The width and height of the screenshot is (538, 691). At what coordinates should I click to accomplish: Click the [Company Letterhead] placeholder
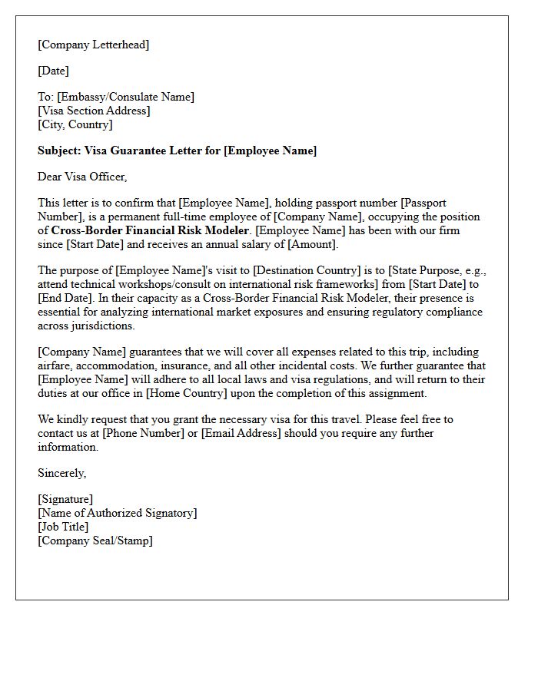pyautogui.click(x=94, y=45)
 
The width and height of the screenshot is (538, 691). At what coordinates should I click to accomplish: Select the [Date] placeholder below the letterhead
pyautogui.click(x=53, y=71)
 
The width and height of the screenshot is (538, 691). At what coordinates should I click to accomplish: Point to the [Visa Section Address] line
pyautogui.click(x=94, y=111)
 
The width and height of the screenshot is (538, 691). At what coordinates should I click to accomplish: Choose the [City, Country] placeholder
pyautogui.click(x=75, y=124)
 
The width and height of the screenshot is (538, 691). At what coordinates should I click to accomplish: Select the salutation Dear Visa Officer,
pyautogui.click(x=82, y=177)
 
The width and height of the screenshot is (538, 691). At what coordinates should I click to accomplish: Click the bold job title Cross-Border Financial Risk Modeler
pyautogui.click(x=150, y=230)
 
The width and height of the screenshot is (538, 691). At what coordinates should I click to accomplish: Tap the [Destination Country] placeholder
pyautogui.click(x=308, y=270)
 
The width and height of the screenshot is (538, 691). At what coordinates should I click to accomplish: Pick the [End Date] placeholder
pyautogui.click(x=64, y=298)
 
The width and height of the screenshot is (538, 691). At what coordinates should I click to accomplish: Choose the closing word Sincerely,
pyautogui.click(x=61, y=473)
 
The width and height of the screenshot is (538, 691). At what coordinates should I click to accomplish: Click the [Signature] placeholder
pyautogui.click(x=65, y=499)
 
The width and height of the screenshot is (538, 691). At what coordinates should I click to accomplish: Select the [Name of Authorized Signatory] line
pyautogui.click(x=117, y=513)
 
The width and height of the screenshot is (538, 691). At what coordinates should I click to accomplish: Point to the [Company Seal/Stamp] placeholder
pyautogui.click(x=95, y=541)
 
